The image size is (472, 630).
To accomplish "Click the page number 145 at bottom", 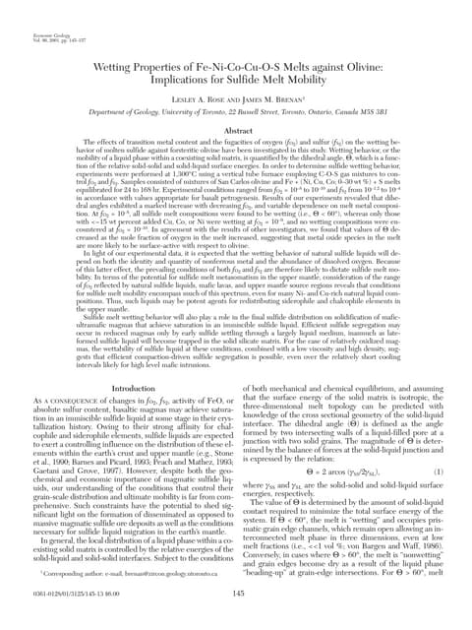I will click(236, 592).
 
